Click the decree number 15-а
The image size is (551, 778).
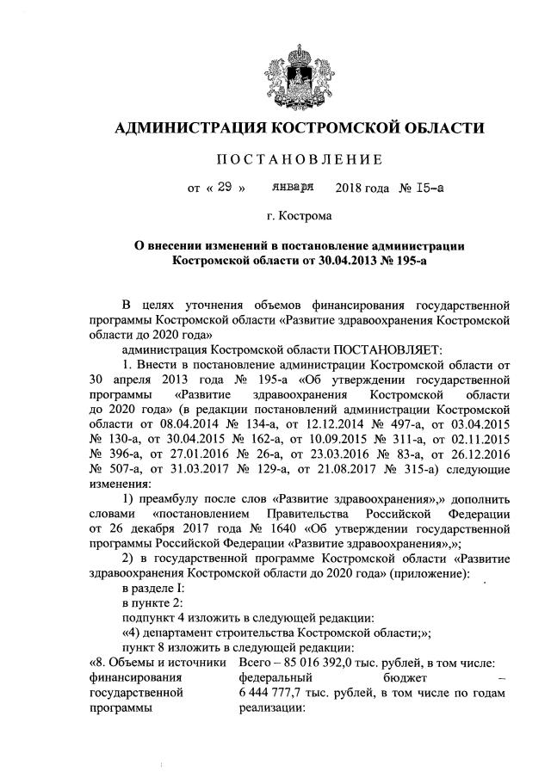[x=428, y=185]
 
